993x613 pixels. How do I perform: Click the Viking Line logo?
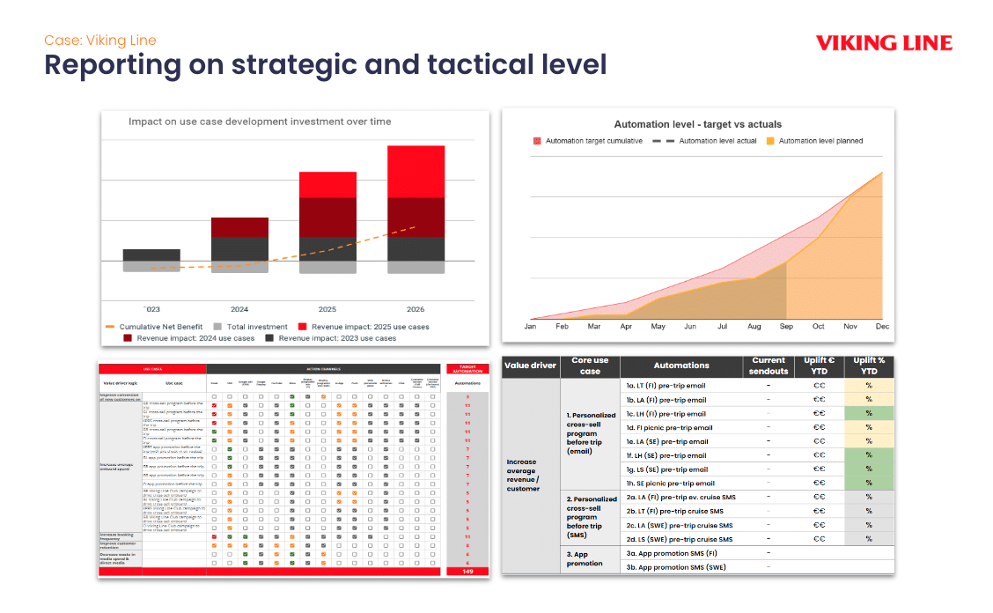[883, 42]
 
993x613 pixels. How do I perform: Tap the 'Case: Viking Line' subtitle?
[100, 41]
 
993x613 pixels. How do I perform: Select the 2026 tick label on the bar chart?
[415, 309]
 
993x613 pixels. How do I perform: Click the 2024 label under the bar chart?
[239, 309]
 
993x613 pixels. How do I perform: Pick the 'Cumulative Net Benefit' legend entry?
[160, 327]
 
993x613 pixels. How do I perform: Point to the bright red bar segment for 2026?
[416, 172]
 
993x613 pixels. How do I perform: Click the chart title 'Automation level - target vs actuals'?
[697, 124]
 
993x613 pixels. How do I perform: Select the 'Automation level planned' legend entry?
[820, 141]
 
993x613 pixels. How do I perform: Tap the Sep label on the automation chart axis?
[786, 327]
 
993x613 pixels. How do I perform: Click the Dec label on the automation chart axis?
[882, 327]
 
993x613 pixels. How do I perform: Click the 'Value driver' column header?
[530, 366]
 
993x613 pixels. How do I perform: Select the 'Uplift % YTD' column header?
[868, 366]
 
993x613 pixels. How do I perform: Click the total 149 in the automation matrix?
[467, 572]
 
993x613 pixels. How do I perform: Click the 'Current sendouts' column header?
[769, 366]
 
